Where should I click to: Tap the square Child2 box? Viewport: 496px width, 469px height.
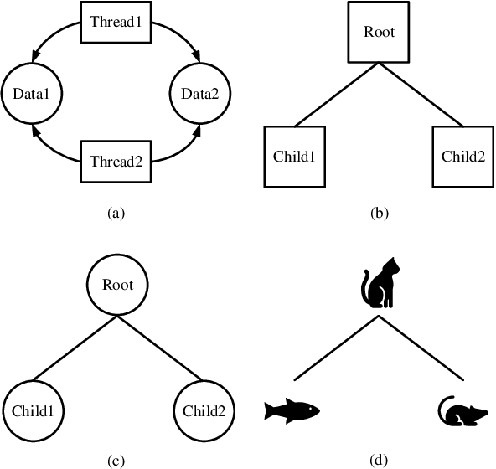pos(462,156)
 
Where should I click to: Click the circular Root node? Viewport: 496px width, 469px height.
pos(116,284)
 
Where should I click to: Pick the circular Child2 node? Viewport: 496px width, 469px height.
pos(200,410)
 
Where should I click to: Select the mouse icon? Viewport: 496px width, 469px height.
pos(461,410)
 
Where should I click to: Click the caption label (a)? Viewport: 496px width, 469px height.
pos(116,214)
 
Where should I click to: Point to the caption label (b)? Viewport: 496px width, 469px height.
pos(379,214)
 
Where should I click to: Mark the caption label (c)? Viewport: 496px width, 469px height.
pos(116,459)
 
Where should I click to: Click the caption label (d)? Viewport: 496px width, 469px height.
pos(379,459)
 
